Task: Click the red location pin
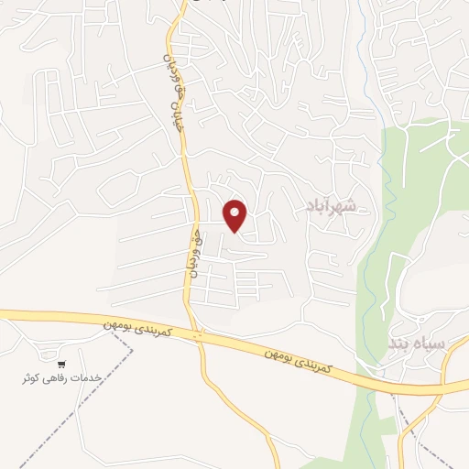tap(236, 214)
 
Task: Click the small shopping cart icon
tap(61, 364)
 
